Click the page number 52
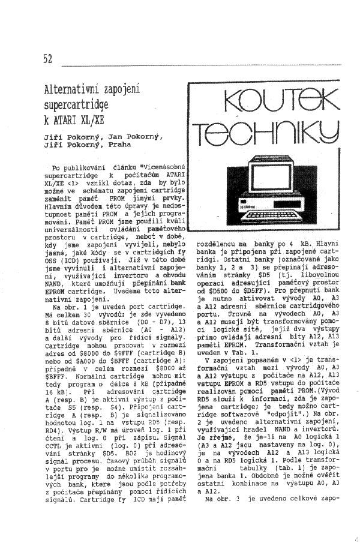48,59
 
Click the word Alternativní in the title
71,91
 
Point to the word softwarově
253,396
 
